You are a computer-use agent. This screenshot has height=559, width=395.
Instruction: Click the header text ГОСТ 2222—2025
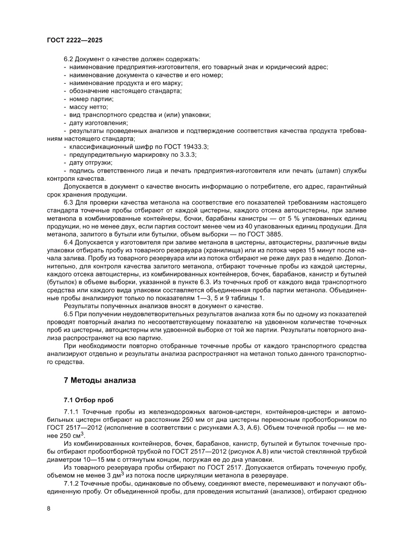[x=75, y=41]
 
